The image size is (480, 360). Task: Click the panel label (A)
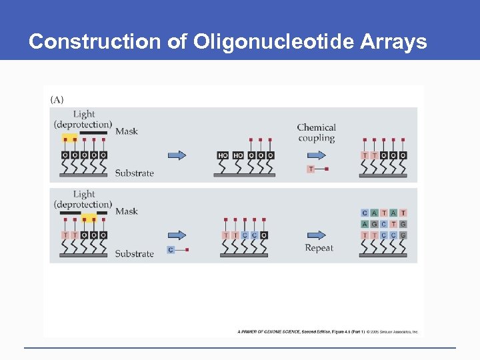[x=57, y=100]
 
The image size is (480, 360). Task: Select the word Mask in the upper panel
[x=127, y=131]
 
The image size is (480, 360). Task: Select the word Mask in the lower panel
[x=127, y=211]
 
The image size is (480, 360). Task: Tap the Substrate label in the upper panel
[x=134, y=173]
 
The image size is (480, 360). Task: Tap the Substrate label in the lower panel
[x=134, y=254]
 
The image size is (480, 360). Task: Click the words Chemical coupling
[x=316, y=133]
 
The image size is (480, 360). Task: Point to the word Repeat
[x=319, y=249]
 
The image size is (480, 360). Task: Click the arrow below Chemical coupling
[x=316, y=155]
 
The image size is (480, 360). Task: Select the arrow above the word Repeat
[x=316, y=235]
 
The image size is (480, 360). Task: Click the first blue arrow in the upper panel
[x=176, y=155]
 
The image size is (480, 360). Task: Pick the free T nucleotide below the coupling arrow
[x=311, y=169]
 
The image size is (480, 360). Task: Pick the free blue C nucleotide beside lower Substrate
[x=171, y=250]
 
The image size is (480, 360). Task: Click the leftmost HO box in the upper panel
[x=223, y=155]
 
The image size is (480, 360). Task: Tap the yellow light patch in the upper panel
[x=69, y=139]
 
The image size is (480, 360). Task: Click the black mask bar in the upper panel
[x=93, y=134]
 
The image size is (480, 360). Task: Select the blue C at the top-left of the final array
[x=365, y=213]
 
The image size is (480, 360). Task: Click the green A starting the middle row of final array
[x=365, y=224]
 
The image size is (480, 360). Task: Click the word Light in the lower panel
[x=84, y=194]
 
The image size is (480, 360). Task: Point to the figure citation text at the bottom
[x=327, y=331]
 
